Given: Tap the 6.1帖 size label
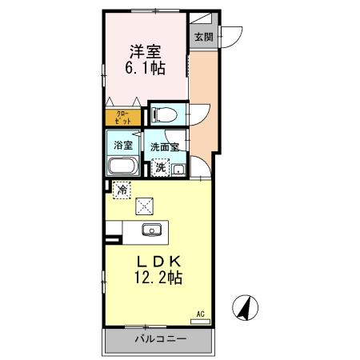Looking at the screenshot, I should point(146,70).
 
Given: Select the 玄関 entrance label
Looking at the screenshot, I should point(202,36).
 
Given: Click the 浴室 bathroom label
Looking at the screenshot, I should point(123,146).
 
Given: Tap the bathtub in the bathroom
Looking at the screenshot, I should point(123,167).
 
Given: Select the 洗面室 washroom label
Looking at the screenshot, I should point(165,147).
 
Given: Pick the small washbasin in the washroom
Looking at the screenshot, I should point(178,168).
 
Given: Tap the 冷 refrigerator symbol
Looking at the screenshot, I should point(122,190).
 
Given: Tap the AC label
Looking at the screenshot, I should point(201,314).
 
